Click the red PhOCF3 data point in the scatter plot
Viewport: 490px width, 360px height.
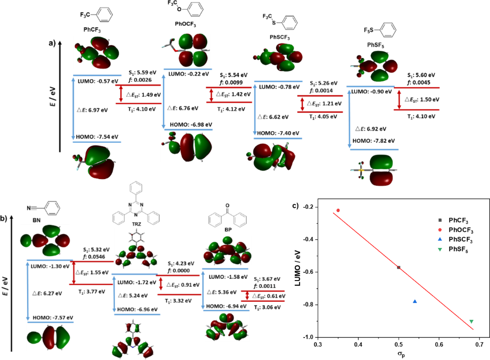(x=338, y=210)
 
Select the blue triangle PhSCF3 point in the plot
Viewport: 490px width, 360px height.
(x=415, y=301)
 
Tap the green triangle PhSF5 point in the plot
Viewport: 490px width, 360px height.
(x=471, y=321)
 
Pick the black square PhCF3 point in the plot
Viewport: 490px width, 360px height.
(x=399, y=267)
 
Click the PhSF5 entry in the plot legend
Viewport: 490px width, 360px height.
(x=460, y=249)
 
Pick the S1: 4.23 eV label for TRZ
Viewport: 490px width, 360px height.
(x=182, y=264)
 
